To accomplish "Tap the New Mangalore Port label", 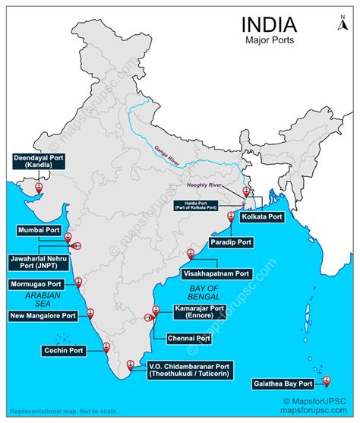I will (43, 315).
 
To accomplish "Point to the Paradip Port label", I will (232, 242).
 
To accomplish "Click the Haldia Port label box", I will (206, 204).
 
